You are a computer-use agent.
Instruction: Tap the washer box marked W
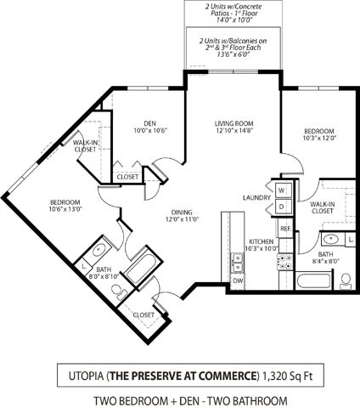281,190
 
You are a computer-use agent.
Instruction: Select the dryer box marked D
281,207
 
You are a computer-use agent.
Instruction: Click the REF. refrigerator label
285,229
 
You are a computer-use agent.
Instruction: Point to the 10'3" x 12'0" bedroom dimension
320,138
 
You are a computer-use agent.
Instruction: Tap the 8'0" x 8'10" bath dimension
103,275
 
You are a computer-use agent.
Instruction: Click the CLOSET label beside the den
127,177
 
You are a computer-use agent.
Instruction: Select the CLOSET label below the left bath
143,314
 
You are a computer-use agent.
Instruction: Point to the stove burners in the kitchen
285,261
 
